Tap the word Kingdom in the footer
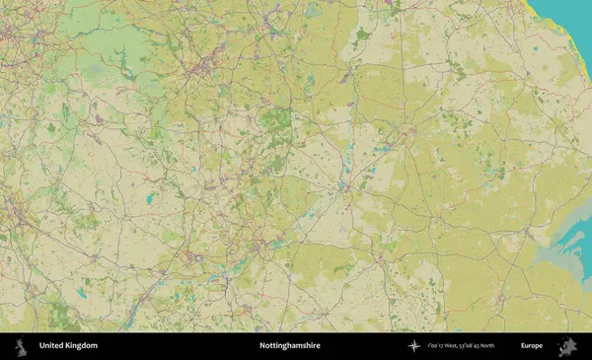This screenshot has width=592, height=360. [82, 346]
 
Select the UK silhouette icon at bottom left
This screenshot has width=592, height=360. [20, 346]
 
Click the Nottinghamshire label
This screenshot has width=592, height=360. [289, 346]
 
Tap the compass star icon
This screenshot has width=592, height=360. [413, 346]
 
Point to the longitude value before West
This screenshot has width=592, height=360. [437, 346]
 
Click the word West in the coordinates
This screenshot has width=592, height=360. [457, 346]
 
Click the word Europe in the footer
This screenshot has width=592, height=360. [532, 346]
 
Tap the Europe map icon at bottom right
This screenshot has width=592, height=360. [567, 346]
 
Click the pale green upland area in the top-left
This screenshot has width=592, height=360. [109, 49]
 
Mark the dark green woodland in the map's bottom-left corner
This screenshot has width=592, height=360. [64, 316]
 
